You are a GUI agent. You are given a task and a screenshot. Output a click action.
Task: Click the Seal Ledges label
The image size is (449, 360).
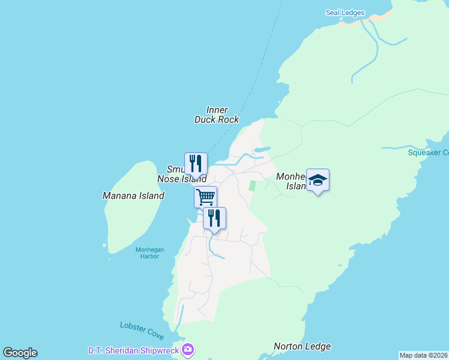(x=345, y=13)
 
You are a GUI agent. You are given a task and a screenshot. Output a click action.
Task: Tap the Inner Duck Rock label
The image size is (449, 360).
(x=217, y=115)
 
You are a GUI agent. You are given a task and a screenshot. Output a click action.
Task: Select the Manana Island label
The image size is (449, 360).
(x=133, y=196)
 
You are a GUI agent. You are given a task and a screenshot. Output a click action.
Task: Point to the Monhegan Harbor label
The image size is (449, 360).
(x=147, y=253)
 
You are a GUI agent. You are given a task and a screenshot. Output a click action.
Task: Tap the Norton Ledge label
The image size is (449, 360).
(x=302, y=346)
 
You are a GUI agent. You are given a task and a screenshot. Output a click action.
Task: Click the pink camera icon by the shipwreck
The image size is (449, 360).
(x=188, y=349)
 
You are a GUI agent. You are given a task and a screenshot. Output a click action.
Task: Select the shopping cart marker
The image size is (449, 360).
(x=205, y=196)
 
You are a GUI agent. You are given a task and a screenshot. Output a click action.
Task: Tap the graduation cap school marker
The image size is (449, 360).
(x=318, y=179)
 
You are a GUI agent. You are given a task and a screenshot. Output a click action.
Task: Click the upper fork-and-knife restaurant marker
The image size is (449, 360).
(x=196, y=163)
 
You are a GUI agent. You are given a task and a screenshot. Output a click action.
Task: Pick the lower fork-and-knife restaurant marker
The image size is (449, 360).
(x=214, y=218)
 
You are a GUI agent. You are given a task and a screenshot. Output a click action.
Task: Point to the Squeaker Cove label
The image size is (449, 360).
(x=428, y=152)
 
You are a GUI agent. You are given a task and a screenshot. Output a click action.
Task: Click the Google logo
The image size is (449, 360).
(x=20, y=353)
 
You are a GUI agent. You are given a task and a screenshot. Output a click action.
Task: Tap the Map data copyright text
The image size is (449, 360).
(x=423, y=355)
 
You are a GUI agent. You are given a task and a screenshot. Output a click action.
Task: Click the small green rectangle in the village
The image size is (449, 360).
(x=253, y=186)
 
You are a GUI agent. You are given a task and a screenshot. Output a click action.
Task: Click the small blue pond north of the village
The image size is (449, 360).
(x=262, y=150)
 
